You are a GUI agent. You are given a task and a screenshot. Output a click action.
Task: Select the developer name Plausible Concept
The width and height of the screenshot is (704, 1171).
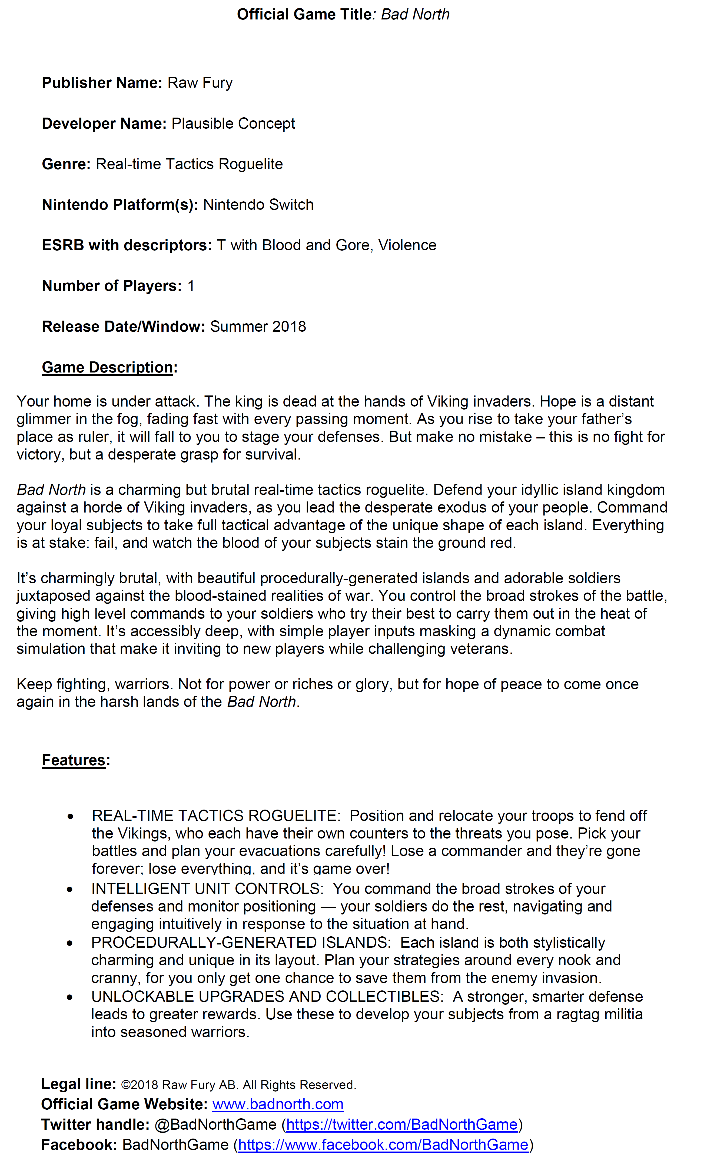[233, 123]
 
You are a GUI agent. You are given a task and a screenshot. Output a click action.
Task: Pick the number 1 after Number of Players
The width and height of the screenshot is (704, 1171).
[191, 286]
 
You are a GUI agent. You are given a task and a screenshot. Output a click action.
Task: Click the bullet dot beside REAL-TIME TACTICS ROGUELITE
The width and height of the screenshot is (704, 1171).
[71, 816]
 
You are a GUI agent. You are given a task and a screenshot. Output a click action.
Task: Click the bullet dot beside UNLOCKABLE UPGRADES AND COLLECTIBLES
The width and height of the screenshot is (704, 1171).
[70, 997]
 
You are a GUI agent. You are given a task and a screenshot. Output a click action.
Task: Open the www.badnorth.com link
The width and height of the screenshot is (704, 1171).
[278, 1104]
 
